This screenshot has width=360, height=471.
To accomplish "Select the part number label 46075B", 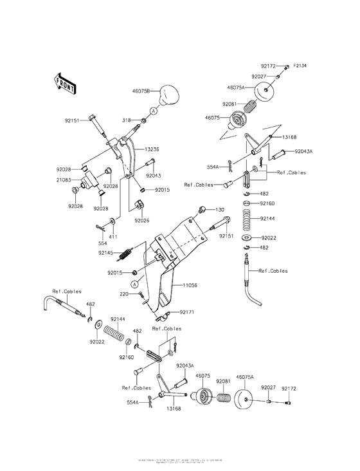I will click(x=141, y=92).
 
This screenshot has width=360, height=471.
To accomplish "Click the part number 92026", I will click(x=143, y=220).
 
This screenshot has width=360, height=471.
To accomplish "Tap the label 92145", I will click(x=106, y=253).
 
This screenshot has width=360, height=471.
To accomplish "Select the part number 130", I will click(x=220, y=210).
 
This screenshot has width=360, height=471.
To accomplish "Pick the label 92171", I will click(x=186, y=311).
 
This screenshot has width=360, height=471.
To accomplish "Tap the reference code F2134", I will click(x=301, y=66).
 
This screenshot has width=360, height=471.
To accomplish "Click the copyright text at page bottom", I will click(x=180, y=461).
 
